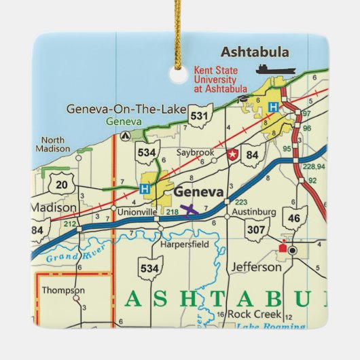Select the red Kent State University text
(x=222, y=77)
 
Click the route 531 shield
(x=199, y=116)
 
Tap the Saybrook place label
(x=195, y=152)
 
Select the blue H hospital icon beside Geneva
(x=144, y=188)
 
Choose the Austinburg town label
(x=253, y=212)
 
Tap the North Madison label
(x=54, y=143)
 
